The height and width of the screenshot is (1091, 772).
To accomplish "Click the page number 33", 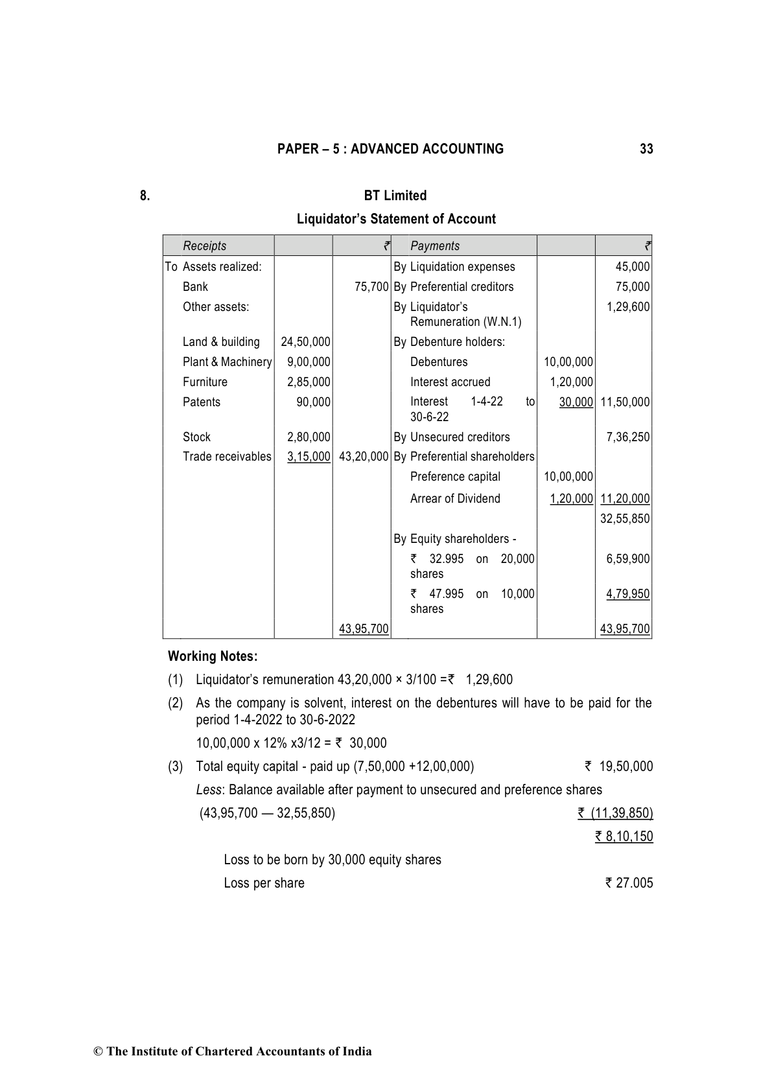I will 646,149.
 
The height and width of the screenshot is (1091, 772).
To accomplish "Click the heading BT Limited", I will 395,196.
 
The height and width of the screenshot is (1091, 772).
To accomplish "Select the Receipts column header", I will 205,246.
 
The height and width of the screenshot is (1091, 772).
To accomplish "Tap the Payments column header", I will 435,246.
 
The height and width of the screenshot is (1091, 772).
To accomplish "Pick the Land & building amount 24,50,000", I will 305,342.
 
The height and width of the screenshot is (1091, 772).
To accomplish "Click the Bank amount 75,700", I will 371,287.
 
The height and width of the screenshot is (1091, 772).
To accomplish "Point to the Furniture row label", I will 205,382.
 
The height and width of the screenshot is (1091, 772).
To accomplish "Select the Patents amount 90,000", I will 313,402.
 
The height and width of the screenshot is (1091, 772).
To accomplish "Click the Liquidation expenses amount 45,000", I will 632,267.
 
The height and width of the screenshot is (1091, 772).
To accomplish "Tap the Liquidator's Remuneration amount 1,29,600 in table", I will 627,307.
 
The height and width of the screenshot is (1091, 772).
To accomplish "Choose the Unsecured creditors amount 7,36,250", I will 627,437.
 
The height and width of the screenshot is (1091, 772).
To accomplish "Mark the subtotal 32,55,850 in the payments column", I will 625,519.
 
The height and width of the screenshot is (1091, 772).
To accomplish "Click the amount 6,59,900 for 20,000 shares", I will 627,559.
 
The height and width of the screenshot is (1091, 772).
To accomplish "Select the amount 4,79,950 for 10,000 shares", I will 627,594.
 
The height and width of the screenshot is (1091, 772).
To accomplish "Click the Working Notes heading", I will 213,656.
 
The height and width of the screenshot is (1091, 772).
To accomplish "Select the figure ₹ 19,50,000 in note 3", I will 619,767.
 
